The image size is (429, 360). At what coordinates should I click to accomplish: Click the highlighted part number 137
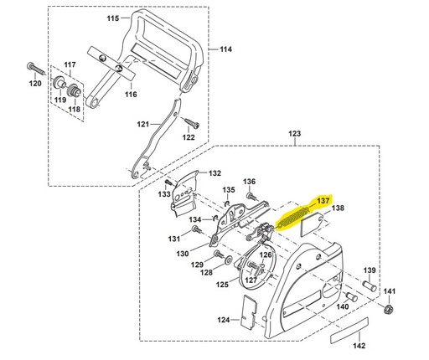point(323,201)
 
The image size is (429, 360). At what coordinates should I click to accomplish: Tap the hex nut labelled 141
point(389,309)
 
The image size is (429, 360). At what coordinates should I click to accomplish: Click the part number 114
point(225,49)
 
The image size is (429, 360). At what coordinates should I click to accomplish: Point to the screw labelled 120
point(36,68)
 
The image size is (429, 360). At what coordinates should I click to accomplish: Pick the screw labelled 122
point(192,123)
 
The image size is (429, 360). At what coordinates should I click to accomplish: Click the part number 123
point(295,134)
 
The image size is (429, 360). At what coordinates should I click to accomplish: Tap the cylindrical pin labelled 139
point(370,286)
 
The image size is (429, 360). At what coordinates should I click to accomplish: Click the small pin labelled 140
point(351,297)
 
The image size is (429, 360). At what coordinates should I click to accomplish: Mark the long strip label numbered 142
point(349,331)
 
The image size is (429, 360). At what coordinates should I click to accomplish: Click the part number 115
point(113,18)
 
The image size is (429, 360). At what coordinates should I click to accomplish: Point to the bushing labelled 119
point(59,81)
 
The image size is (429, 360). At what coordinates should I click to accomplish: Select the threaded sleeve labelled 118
point(75,90)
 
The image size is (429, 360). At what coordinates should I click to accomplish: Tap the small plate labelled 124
point(249,311)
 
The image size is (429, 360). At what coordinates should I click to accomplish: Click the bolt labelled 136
point(251,196)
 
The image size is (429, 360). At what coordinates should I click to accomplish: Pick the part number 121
point(143,124)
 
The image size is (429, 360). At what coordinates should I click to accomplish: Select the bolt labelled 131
point(197,230)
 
